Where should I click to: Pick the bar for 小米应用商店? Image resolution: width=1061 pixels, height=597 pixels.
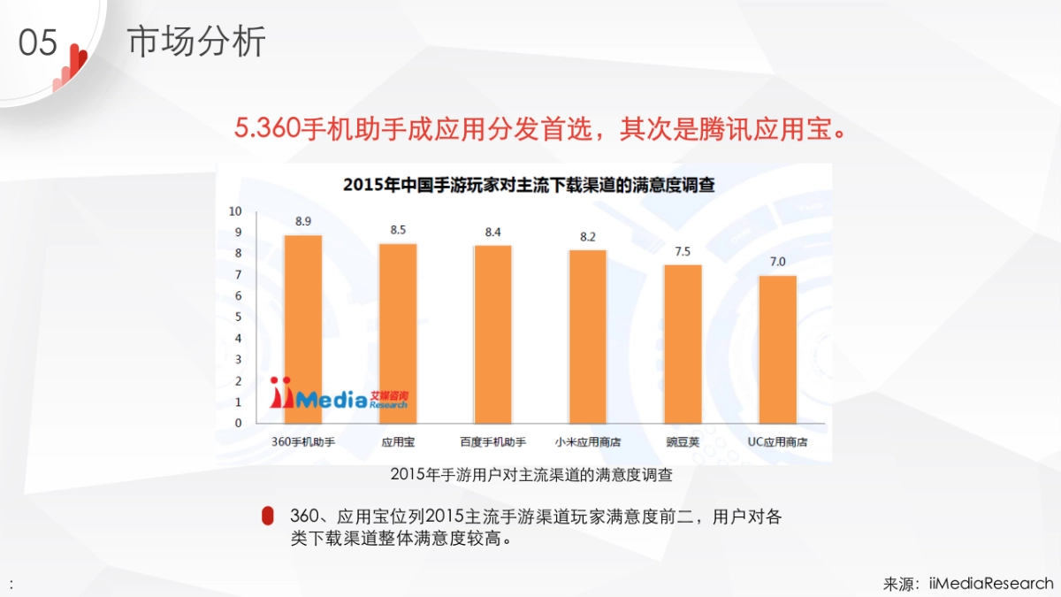(587, 337)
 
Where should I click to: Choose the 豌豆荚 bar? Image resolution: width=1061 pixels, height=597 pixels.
(683, 344)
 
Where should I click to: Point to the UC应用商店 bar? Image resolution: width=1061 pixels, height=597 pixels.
(777, 349)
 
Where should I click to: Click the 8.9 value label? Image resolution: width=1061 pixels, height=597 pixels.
(302, 220)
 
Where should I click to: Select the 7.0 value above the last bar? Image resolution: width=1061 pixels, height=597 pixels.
(777, 261)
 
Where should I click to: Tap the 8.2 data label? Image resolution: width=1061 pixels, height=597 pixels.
(587, 236)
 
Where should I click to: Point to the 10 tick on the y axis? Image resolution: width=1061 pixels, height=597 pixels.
(234, 211)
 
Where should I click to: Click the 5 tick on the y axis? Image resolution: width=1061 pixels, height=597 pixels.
(237, 317)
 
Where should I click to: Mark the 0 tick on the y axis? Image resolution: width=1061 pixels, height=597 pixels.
(237, 423)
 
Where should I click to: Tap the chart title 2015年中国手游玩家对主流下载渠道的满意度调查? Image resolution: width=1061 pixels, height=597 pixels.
(529, 186)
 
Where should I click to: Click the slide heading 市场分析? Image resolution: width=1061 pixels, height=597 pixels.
(196, 42)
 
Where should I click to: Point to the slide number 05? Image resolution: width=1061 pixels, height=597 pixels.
(37, 42)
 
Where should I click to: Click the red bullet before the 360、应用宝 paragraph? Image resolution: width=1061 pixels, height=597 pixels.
(267, 517)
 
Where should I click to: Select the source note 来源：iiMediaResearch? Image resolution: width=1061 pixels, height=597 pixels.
(968, 583)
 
